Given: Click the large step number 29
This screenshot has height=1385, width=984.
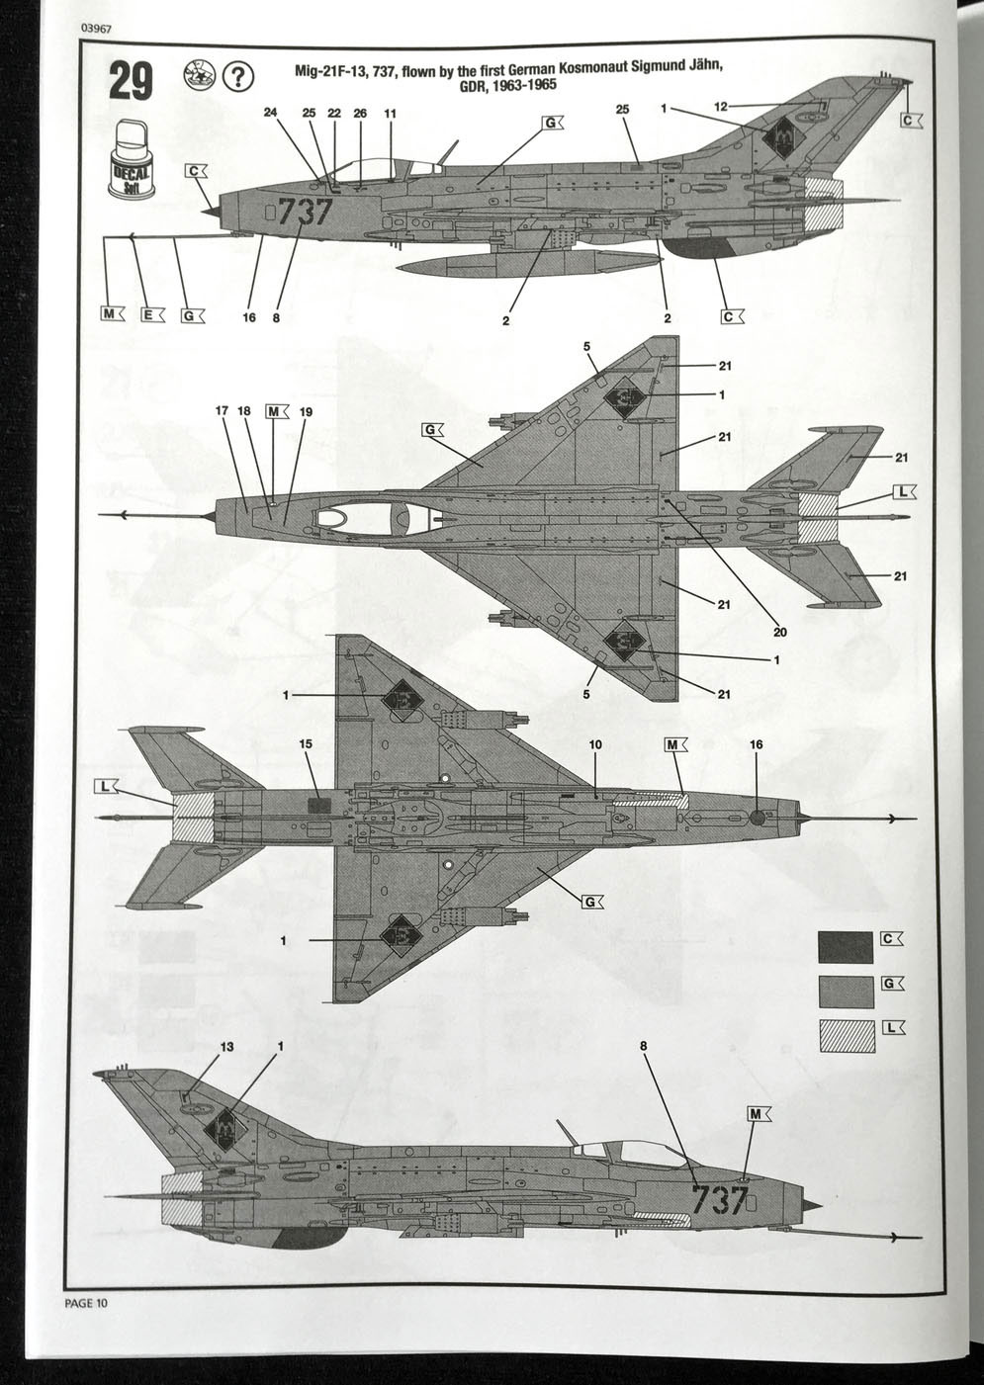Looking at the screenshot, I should (x=131, y=82).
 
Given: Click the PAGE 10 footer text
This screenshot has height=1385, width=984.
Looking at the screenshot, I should (x=83, y=1302).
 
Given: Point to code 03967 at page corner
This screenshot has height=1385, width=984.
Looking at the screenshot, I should (x=91, y=29).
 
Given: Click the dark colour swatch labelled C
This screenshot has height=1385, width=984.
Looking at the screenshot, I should (x=846, y=945).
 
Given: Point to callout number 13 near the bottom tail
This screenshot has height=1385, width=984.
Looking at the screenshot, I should (x=226, y=1046).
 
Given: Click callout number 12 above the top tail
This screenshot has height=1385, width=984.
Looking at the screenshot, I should (x=721, y=106).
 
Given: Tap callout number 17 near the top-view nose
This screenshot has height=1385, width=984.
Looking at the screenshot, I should (x=223, y=410).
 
